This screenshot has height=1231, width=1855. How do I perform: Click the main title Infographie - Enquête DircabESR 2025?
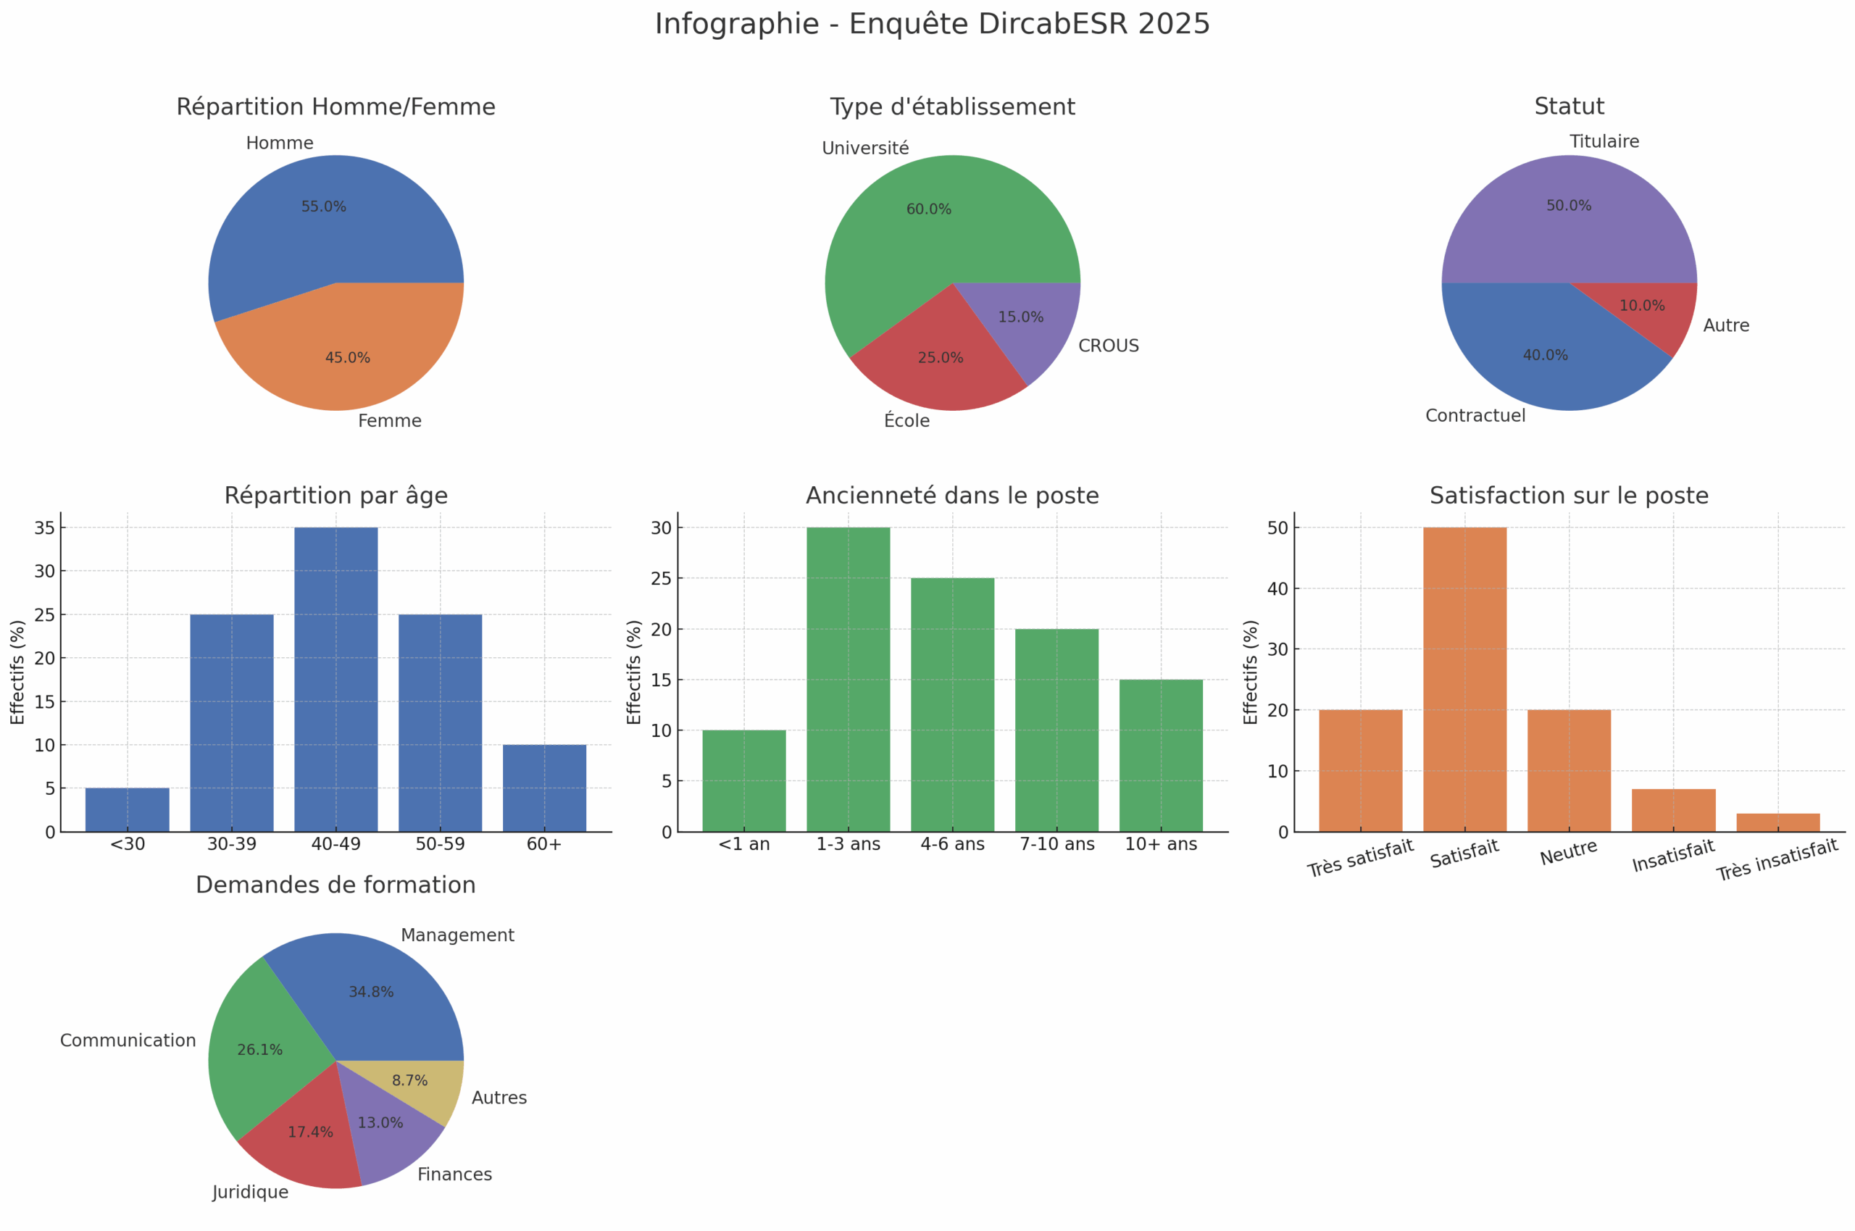(x=932, y=25)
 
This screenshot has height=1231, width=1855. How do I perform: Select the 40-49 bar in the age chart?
(x=335, y=679)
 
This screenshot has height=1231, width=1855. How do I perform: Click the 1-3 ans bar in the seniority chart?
(x=848, y=679)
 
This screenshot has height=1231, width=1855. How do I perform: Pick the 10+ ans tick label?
(x=1160, y=844)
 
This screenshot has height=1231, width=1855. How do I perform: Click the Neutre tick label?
(x=1569, y=853)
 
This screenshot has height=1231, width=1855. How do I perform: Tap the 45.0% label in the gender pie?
(x=347, y=358)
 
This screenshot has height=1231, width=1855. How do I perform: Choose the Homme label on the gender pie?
(x=280, y=143)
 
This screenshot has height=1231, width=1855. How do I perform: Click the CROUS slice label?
(x=1108, y=346)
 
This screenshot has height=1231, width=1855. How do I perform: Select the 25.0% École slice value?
(x=940, y=358)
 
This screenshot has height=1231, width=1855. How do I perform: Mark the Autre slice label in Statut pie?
(x=1725, y=326)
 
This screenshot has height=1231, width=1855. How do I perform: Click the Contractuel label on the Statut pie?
(x=1475, y=416)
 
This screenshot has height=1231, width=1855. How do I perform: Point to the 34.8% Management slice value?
(x=370, y=993)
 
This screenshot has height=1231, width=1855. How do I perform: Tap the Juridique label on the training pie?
(x=251, y=1193)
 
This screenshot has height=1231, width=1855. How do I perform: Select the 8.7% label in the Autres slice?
(x=410, y=1081)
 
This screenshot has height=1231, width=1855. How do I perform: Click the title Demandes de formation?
(x=335, y=885)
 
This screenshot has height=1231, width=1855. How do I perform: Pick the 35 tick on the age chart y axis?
(x=45, y=527)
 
